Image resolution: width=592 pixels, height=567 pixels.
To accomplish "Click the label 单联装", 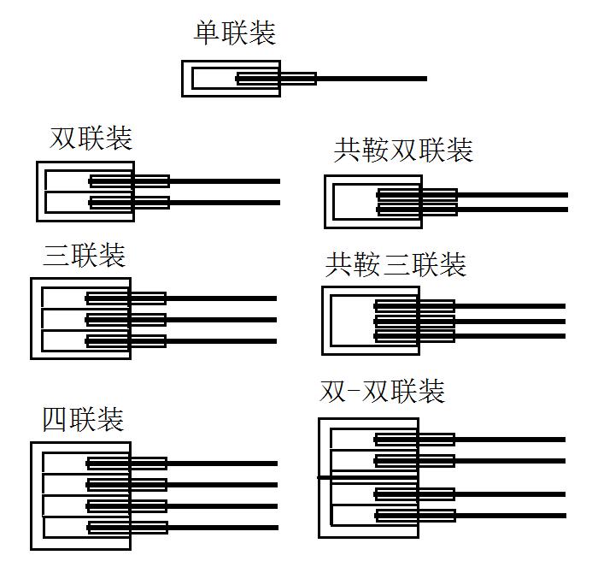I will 234,33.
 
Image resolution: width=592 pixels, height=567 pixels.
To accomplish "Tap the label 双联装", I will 91,138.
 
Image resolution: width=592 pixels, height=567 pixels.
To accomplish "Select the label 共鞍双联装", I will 402,151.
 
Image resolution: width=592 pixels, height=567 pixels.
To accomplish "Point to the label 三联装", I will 84,255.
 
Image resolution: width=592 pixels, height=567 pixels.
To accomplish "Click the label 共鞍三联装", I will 396,264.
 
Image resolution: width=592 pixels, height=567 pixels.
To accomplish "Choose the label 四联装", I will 83,419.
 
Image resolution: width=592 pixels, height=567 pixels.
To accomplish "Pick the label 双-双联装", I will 382,392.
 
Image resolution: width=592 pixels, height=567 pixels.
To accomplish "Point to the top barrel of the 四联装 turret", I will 222,464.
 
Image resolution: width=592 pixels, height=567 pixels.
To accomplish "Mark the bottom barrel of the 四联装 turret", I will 222,527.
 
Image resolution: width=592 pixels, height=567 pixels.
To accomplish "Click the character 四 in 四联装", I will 55,420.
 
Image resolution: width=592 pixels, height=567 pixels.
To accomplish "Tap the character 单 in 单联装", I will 206,33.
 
